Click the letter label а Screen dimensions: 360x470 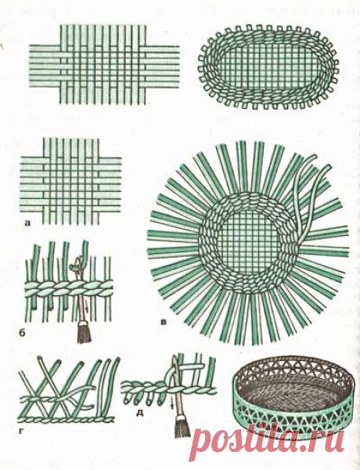point(28,222)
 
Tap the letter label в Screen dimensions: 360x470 point(164,323)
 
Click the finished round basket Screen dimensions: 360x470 point(290,396)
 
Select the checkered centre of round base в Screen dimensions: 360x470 point(249,242)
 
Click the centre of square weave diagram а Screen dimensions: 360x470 point(71,182)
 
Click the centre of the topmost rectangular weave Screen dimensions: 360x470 point(104,64)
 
